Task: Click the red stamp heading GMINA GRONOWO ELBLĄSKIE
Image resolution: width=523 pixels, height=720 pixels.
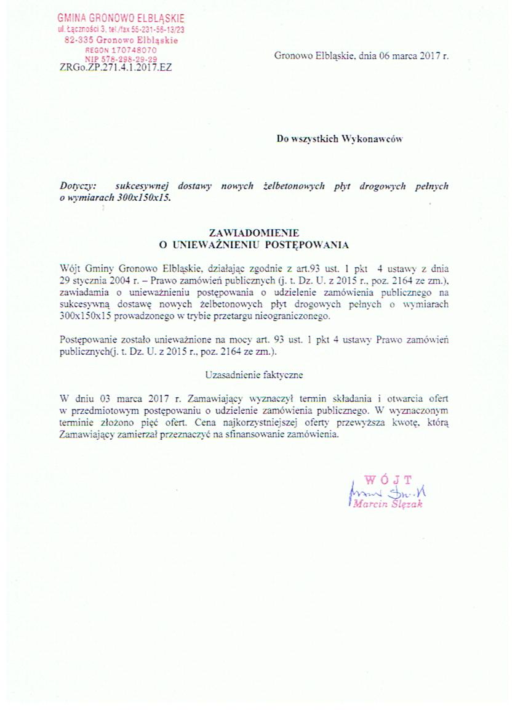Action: click(121, 18)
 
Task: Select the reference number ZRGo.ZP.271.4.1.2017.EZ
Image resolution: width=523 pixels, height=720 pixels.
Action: click(116, 68)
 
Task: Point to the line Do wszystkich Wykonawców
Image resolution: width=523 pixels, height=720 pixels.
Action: click(339, 139)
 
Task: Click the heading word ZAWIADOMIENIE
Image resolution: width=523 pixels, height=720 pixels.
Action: click(254, 233)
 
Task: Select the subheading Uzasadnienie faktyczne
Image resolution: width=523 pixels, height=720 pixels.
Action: click(254, 374)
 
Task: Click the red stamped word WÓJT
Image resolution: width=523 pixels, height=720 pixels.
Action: click(388, 479)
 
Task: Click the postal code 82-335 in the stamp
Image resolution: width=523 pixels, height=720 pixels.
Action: click(79, 40)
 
